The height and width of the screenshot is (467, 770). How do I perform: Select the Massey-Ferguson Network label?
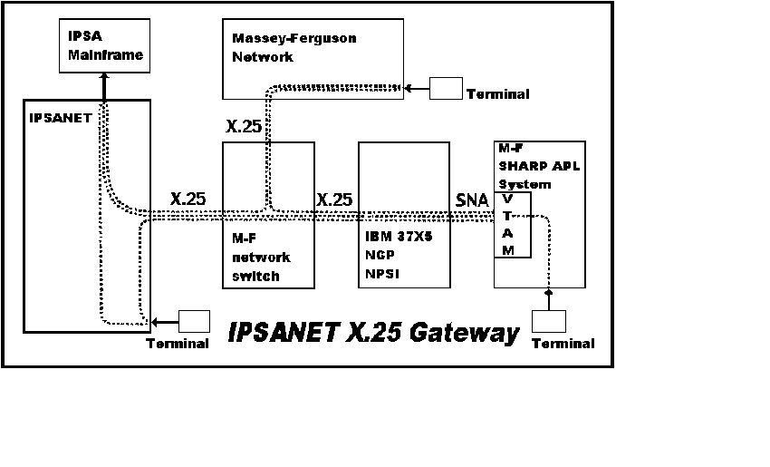coord(294,48)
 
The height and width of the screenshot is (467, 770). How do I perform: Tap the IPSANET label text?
coord(61,118)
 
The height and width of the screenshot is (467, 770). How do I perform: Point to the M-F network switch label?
coord(261,258)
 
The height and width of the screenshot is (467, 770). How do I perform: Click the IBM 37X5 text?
coord(399,237)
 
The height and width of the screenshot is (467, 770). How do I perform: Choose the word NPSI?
coord(382,274)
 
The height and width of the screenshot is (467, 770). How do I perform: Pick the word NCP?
coord(380,255)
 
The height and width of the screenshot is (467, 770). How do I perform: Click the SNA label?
coord(472,200)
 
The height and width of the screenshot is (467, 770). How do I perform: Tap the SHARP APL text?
coord(539,166)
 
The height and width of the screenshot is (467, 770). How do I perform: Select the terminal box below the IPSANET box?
coord(194,322)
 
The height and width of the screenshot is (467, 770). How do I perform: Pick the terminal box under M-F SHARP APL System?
coord(549,322)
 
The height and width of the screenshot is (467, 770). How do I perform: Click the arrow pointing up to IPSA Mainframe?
coord(104,87)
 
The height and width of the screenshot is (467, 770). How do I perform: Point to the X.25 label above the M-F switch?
coord(244,126)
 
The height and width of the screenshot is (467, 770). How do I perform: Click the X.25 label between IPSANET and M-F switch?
coord(188,199)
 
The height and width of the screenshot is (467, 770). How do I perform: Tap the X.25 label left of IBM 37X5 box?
coord(334,199)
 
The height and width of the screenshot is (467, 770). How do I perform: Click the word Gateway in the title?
coord(464,332)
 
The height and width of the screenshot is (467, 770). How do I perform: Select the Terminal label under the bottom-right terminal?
coord(563,343)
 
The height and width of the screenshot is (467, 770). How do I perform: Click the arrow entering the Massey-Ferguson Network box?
coord(417,89)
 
